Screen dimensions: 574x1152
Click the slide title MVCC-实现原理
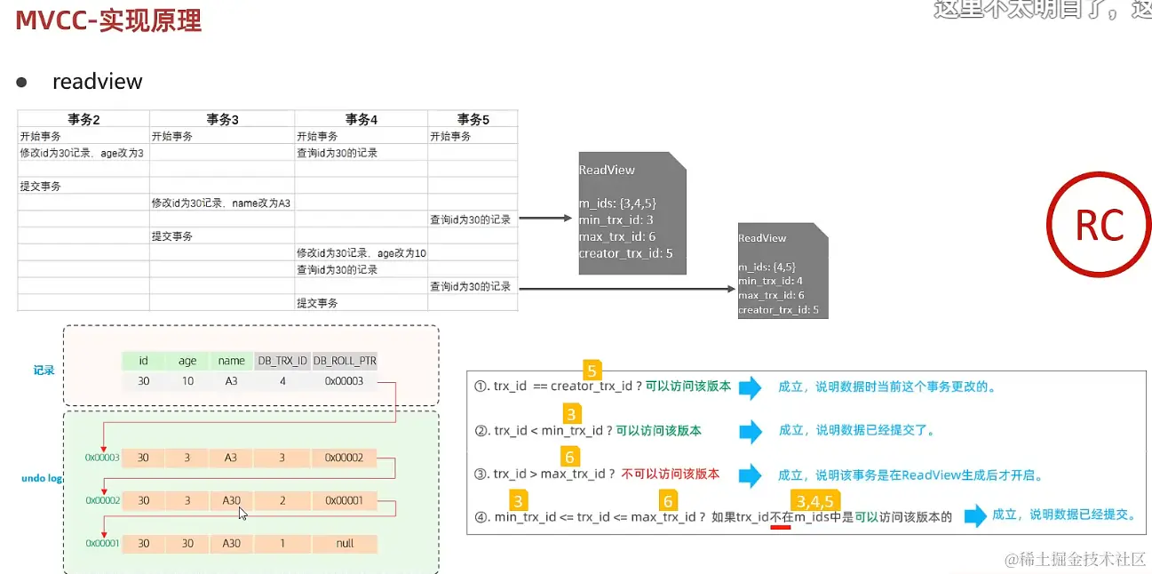point(108,20)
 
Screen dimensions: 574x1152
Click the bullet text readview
point(97,82)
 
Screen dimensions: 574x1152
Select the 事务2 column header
point(83,119)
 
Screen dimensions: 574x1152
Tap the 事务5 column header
point(473,119)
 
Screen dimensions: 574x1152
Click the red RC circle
point(1099,226)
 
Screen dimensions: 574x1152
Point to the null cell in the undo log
point(345,543)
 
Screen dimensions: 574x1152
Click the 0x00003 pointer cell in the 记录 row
point(345,382)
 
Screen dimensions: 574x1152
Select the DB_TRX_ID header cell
point(282,361)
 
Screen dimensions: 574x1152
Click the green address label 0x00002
point(102,500)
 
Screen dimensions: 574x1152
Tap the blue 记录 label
point(44,371)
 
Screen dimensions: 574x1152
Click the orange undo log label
point(42,479)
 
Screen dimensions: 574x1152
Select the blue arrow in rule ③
point(750,475)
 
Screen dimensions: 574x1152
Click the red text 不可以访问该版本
point(670,474)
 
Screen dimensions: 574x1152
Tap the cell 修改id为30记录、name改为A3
point(221,203)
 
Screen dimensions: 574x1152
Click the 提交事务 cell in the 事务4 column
point(317,303)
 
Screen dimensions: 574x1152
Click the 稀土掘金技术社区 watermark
point(1076,560)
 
